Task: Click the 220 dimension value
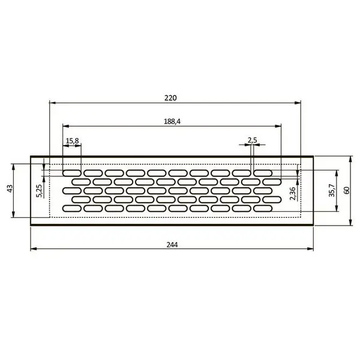170,98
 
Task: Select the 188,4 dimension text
172,121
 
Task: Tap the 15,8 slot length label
72,141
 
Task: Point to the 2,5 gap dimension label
253,140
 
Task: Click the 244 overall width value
172,245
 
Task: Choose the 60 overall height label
347,190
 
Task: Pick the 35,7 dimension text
332,190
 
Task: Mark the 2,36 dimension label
293,194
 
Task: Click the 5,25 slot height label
39,191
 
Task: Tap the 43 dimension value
10,189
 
